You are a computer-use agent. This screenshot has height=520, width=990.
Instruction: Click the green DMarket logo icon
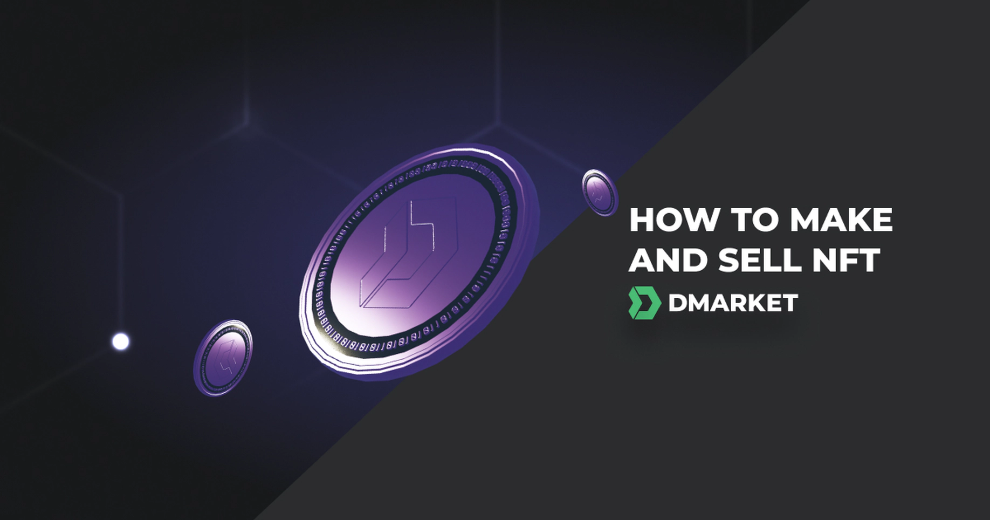tap(644, 303)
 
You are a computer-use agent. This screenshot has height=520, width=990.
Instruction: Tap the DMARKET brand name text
tap(733, 303)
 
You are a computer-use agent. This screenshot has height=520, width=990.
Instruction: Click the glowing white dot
tap(121, 341)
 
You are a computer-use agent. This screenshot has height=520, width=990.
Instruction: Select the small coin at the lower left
tap(223, 358)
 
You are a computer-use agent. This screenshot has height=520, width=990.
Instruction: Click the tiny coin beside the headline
tap(600, 193)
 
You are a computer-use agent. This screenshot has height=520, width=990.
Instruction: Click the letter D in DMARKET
tap(678, 303)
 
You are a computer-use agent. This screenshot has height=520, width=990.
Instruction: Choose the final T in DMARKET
tap(789, 303)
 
